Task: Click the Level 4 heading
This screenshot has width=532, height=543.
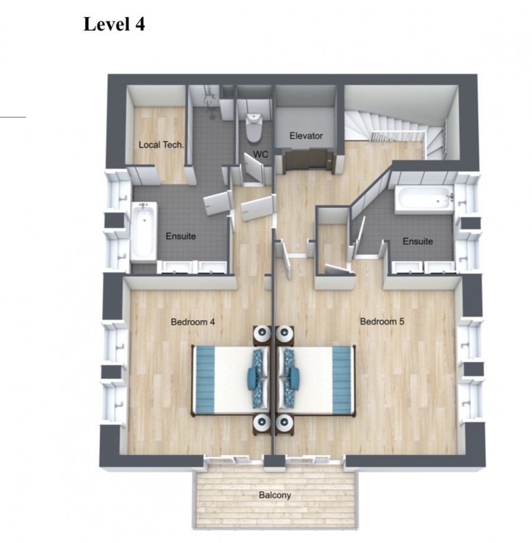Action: click(114, 25)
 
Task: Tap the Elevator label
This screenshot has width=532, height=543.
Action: click(306, 136)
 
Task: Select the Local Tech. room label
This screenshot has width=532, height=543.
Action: click(161, 145)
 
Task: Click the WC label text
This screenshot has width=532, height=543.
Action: click(260, 154)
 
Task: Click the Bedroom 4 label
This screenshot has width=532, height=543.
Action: click(193, 322)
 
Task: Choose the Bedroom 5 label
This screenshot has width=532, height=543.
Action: click(382, 321)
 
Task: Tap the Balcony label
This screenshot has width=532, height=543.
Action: click(275, 495)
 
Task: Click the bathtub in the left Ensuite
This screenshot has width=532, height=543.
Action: click(144, 231)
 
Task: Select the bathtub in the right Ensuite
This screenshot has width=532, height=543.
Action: click(425, 199)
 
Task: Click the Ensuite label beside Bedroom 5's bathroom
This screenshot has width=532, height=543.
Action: click(418, 241)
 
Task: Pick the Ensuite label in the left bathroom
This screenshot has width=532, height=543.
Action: click(181, 236)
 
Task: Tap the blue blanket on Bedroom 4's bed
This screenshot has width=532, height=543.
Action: click(204, 380)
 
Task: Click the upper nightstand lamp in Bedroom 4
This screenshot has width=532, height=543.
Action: click(262, 333)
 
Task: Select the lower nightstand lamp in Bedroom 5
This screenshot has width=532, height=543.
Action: click(284, 422)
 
